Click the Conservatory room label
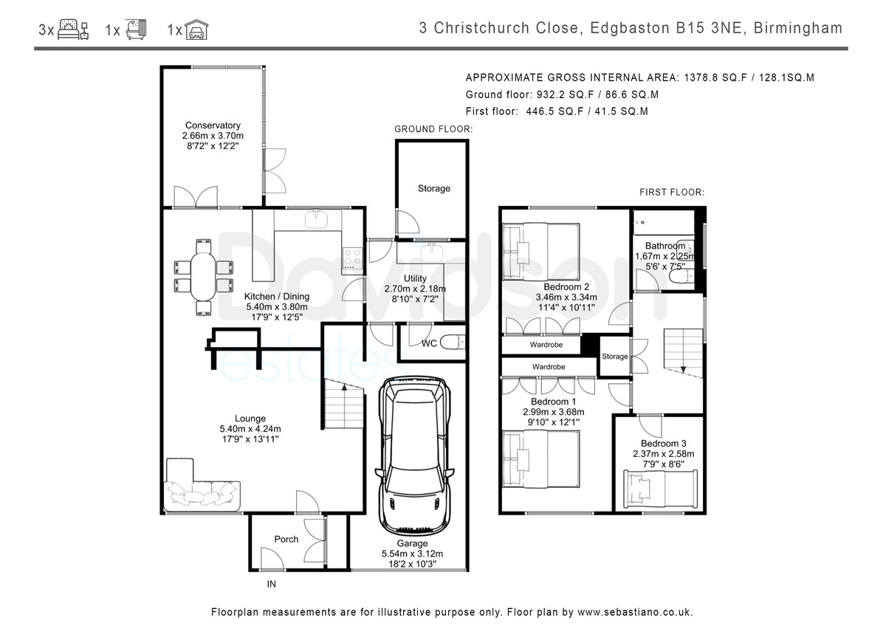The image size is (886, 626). click(213, 125)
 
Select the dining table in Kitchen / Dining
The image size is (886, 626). click(203, 277)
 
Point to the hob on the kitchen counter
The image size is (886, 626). click(352, 258)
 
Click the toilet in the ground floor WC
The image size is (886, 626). click(453, 342)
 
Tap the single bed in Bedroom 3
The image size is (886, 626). click(660, 489)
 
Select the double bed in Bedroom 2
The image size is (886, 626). click(541, 252)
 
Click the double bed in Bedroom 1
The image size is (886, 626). click(541, 459)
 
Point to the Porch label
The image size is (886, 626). click(286, 539)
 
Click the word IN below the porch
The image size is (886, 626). click(272, 584)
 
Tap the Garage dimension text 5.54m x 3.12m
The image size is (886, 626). click(412, 554)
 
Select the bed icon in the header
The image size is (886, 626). click(73, 30)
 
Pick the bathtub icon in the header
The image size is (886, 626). click(136, 30)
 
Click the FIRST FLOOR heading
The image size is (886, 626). click(672, 193)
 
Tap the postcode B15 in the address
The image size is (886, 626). click(690, 28)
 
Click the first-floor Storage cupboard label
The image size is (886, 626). click(614, 357)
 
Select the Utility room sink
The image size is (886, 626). click(431, 252)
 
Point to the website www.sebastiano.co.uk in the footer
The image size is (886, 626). click(635, 612)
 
